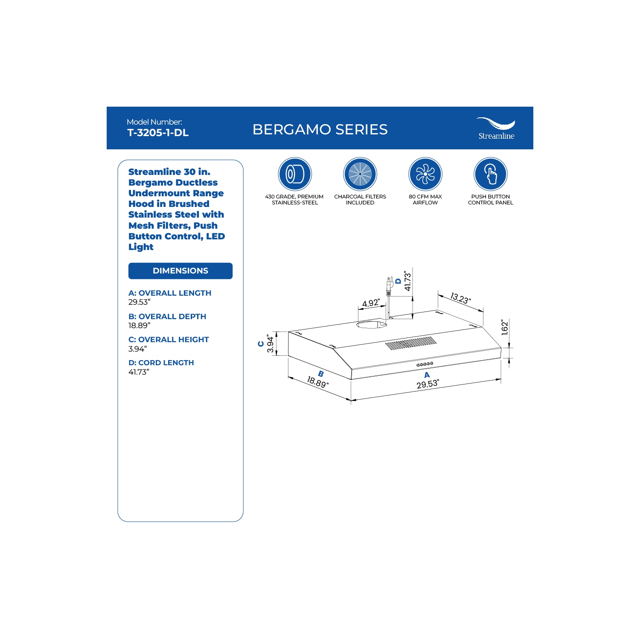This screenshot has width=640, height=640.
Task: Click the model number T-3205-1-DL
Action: click(x=158, y=133)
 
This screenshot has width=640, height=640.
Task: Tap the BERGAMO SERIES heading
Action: click(x=320, y=129)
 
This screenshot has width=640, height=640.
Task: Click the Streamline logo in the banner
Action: click(x=496, y=128)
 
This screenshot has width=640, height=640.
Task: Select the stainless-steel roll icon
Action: click(x=295, y=174)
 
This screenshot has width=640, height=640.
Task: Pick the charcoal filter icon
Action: click(x=360, y=174)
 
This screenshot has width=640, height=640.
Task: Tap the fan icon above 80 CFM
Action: click(x=425, y=174)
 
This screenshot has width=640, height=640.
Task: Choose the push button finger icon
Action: click(x=491, y=174)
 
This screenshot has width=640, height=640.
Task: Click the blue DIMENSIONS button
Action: click(x=180, y=271)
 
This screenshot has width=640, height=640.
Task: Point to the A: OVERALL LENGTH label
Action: click(x=170, y=293)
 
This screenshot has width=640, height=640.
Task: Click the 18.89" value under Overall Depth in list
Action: click(x=139, y=326)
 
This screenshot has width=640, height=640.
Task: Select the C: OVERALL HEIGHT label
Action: click(x=169, y=340)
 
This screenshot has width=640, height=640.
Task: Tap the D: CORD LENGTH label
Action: click(x=161, y=363)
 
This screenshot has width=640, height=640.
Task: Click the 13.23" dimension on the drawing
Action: click(x=460, y=298)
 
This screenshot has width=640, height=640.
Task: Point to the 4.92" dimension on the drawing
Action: click(x=371, y=303)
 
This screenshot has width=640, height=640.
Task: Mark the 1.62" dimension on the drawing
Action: click(x=505, y=327)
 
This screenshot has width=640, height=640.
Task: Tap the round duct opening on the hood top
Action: click(x=372, y=325)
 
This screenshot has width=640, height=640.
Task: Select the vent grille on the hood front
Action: click(x=411, y=343)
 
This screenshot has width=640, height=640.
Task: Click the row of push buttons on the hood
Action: click(x=425, y=364)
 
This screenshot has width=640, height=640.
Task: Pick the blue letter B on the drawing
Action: click(x=321, y=374)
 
